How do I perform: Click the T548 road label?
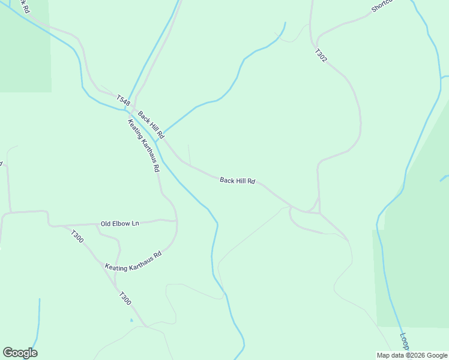[123, 101]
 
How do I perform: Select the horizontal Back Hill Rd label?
[238, 180]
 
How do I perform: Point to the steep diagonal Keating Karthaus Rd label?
[143, 146]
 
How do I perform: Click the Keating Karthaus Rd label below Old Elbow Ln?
[133, 261]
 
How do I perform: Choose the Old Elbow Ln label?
[119, 224]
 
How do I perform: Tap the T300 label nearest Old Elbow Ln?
[77, 236]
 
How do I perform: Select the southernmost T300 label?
[125, 298]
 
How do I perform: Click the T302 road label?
[321, 56]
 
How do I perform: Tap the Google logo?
[20, 353]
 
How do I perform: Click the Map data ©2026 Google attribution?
[412, 355]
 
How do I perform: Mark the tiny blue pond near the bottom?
[131, 320]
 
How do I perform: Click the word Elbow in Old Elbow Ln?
[119, 224]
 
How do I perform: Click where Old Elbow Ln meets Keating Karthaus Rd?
[176, 221]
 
